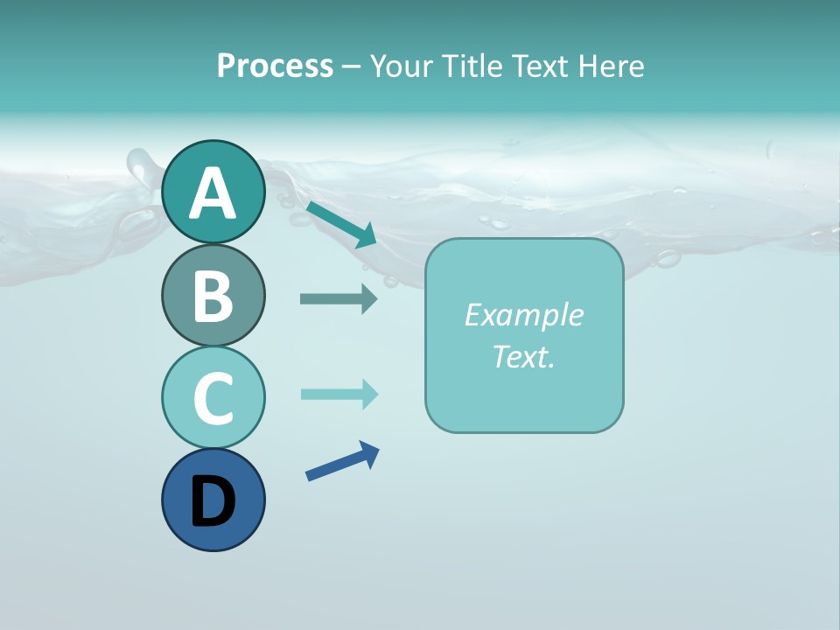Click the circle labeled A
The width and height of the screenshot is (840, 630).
(x=213, y=192)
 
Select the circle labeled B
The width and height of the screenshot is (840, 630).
(x=213, y=295)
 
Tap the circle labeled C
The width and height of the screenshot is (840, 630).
(x=213, y=397)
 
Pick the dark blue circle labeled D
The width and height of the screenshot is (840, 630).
(x=213, y=500)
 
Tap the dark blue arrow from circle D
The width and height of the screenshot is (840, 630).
(x=342, y=461)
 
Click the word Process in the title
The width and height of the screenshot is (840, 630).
(x=275, y=66)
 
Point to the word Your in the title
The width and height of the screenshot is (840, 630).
(x=402, y=66)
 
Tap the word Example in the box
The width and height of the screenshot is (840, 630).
(x=523, y=315)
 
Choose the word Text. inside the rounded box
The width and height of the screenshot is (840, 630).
(x=523, y=356)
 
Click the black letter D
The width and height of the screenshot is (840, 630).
(x=213, y=503)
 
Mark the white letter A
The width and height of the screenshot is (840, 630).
(x=213, y=193)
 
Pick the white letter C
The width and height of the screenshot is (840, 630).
(x=213, y=399)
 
